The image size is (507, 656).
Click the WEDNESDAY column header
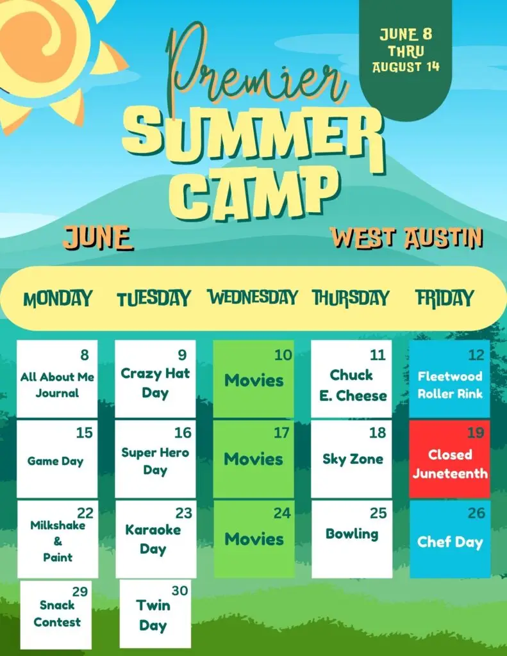[x=253, y=297]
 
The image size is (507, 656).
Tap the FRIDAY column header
[x=445, y=299]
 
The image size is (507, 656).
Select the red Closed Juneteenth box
[x=450, y=459]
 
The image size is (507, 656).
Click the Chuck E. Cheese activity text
[x=353, y=385]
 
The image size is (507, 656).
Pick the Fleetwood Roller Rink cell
[x=449, y=379]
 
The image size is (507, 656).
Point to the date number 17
[x=281, y=432]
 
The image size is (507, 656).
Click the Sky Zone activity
[x=353, y=459]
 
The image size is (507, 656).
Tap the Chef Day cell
[x=450, y=539]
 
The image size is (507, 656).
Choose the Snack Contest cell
[x=56, y=615]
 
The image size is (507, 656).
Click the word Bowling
[x=352, y=534]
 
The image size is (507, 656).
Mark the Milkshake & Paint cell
[x=58, y=539]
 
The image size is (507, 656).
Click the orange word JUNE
[x=98, y=238]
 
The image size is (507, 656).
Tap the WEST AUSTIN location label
[x=406, y=238]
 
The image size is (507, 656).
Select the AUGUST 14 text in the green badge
[x=406, y=67]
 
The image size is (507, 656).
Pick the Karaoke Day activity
[x=153, y=539]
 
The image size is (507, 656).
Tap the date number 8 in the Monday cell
[x=85, y=355]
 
